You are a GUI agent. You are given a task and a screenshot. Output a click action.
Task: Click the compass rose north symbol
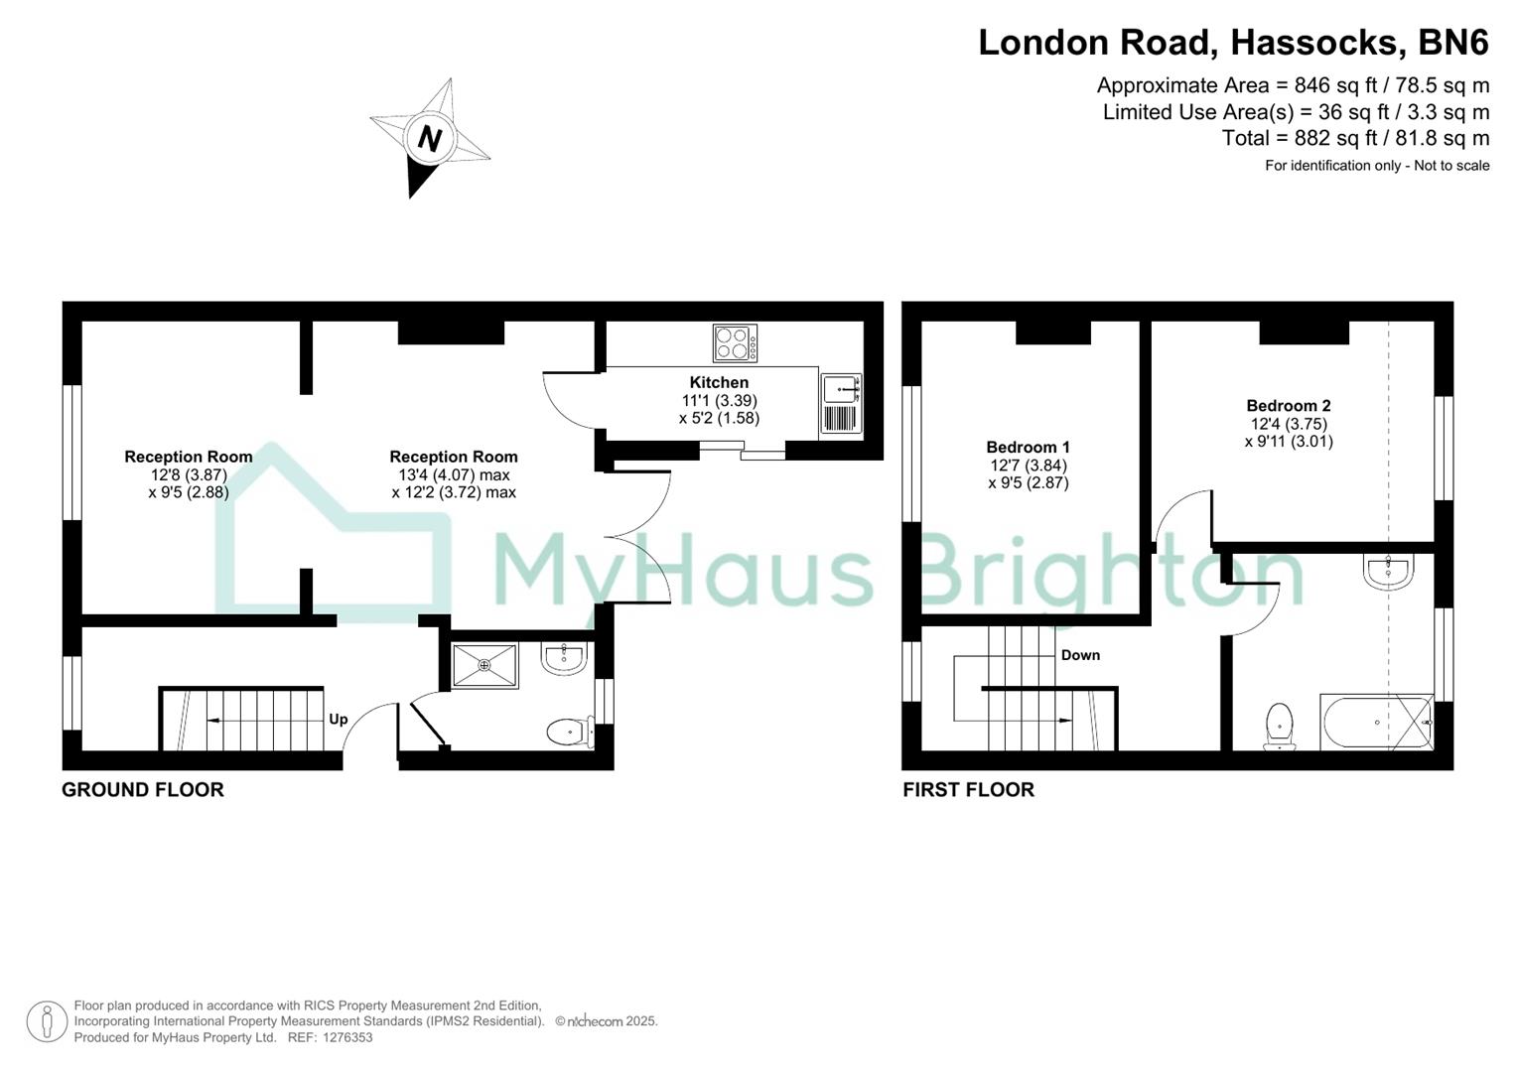click(x=430, y=138)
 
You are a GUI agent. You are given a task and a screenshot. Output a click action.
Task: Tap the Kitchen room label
click(x=719, y=382)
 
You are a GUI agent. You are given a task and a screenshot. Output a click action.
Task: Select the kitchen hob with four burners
click(x=735, y=343)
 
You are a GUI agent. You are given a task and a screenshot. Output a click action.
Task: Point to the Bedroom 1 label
click(x=1028, y=448)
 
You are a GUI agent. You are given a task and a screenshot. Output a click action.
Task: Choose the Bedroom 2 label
click(x=1288, y=406)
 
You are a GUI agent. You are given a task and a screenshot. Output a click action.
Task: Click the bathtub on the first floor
click(x=1376, y=723)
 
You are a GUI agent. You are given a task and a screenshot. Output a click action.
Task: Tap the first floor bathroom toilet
click(x=1280, y=726)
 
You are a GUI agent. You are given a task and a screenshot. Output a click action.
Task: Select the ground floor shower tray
click(x=484, y=665)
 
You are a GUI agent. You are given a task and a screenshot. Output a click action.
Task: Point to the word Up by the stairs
click(x=339, y=720)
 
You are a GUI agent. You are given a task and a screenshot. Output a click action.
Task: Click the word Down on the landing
click(x=1080, y=655)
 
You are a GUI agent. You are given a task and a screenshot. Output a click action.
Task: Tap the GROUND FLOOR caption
click(x=143, y=790)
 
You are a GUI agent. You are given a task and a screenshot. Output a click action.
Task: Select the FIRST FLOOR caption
click(x=968, y=790)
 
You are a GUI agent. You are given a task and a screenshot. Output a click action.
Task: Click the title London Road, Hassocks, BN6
click(x=1233, y=43)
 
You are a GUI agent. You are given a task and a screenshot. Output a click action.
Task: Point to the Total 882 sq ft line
click(x=1355, y=138)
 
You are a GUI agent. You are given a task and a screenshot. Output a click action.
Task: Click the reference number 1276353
click(x=344, y=1037)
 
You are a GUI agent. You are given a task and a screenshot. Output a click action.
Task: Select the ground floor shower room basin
click(x=564, y=657)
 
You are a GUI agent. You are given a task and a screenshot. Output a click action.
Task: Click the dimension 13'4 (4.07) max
click(x=454, y=474)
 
